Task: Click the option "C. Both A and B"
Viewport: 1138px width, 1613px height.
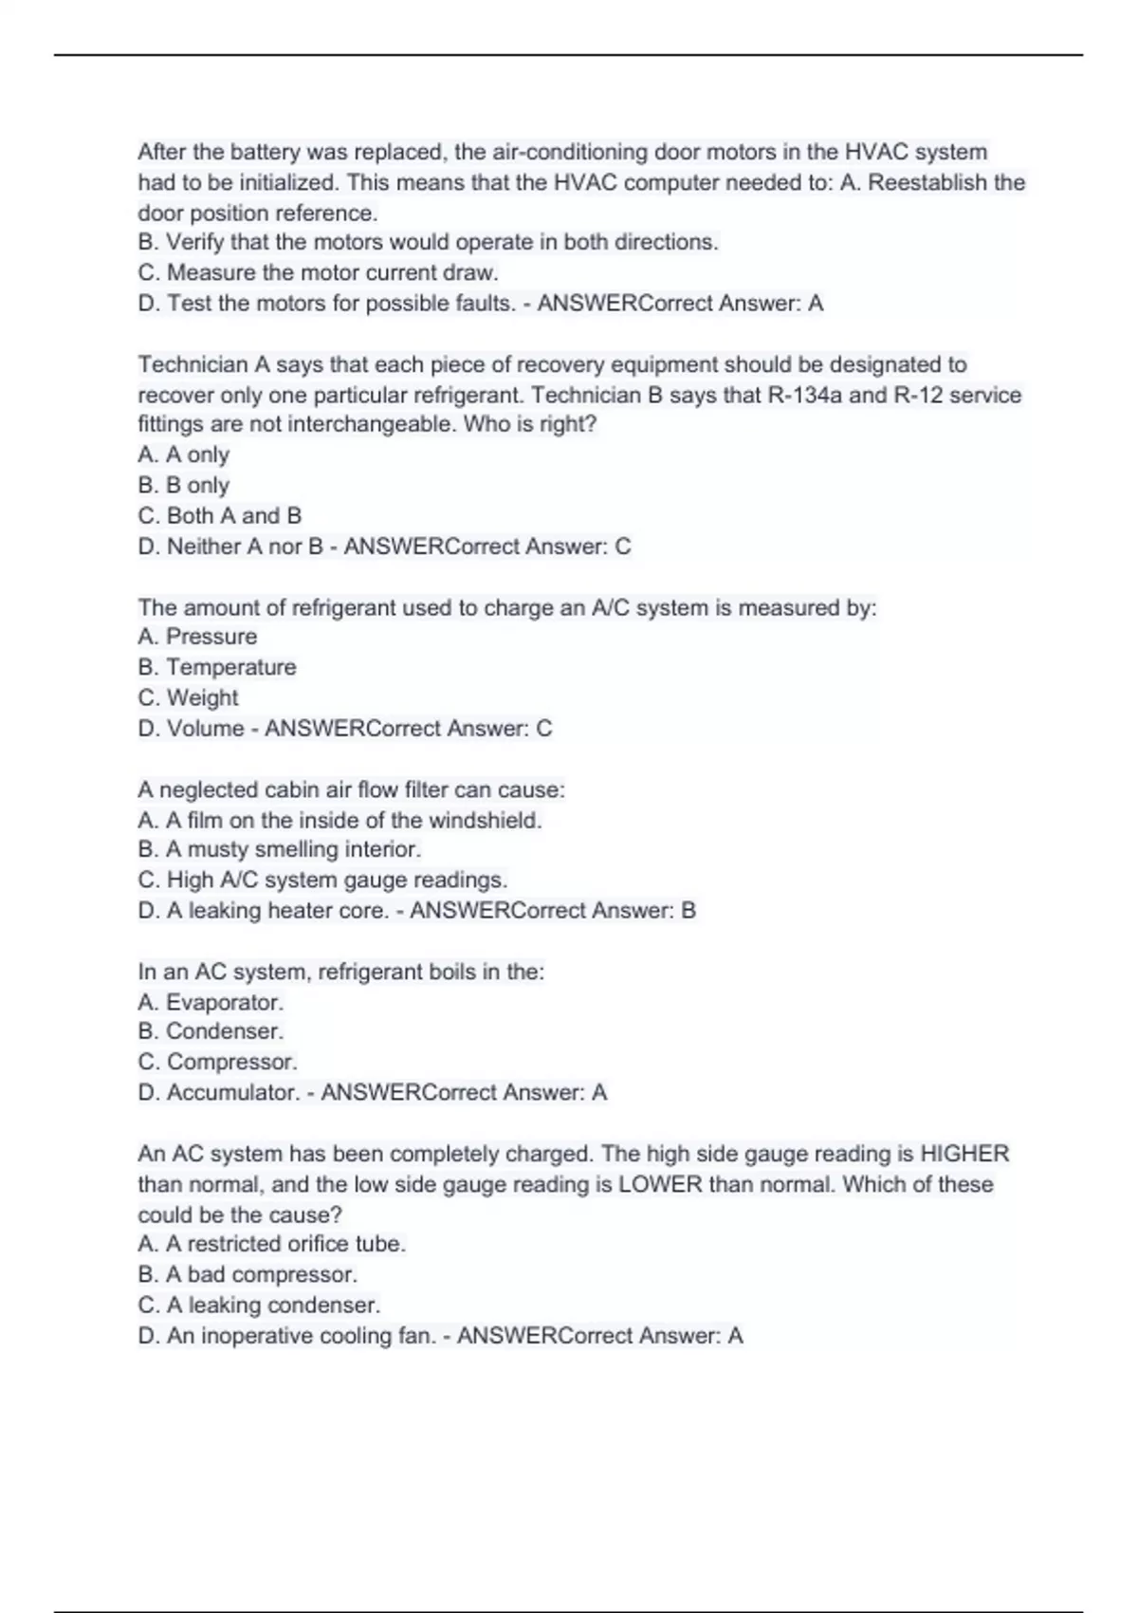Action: pos(219,516)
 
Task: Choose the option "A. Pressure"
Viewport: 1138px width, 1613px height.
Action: pos(197,637)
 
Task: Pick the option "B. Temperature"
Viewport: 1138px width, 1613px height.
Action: pos(216,667)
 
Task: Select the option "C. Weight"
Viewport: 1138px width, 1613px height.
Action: pos(188,697)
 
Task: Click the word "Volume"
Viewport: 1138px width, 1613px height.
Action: pos(205,729)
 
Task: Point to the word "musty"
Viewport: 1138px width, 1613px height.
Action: pos(217,849)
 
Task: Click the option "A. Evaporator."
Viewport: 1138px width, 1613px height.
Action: pos(211,1002)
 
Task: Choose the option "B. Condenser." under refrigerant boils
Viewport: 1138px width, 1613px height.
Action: pos(211,1031)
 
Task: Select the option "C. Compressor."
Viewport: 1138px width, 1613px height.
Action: pos(217,1062)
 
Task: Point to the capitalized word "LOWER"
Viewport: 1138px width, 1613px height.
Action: pos(660,1184)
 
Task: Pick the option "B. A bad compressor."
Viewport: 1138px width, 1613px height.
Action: pos(247,1274)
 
